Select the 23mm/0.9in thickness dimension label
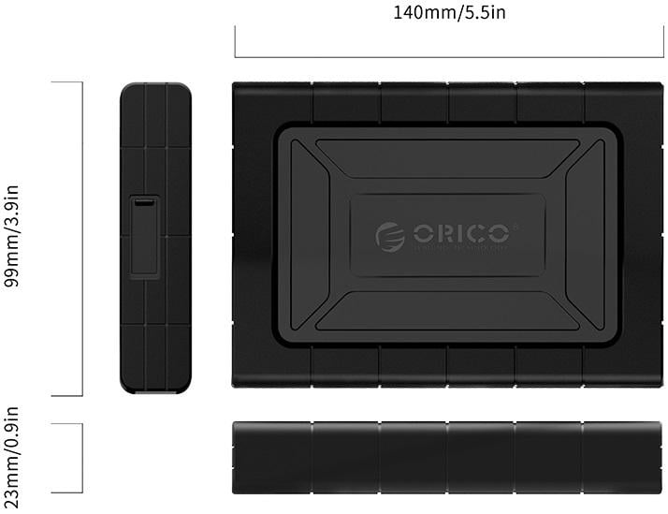coord(14,458)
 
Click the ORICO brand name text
coord(460,232)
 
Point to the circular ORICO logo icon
coord(390,236)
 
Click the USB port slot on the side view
coord(144,203)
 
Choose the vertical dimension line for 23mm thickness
coord(82,458)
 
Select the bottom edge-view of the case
coord(447,458)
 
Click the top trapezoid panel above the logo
coord(447,161)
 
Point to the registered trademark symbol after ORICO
coord(515,224)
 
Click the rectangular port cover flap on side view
coord(145,240)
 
